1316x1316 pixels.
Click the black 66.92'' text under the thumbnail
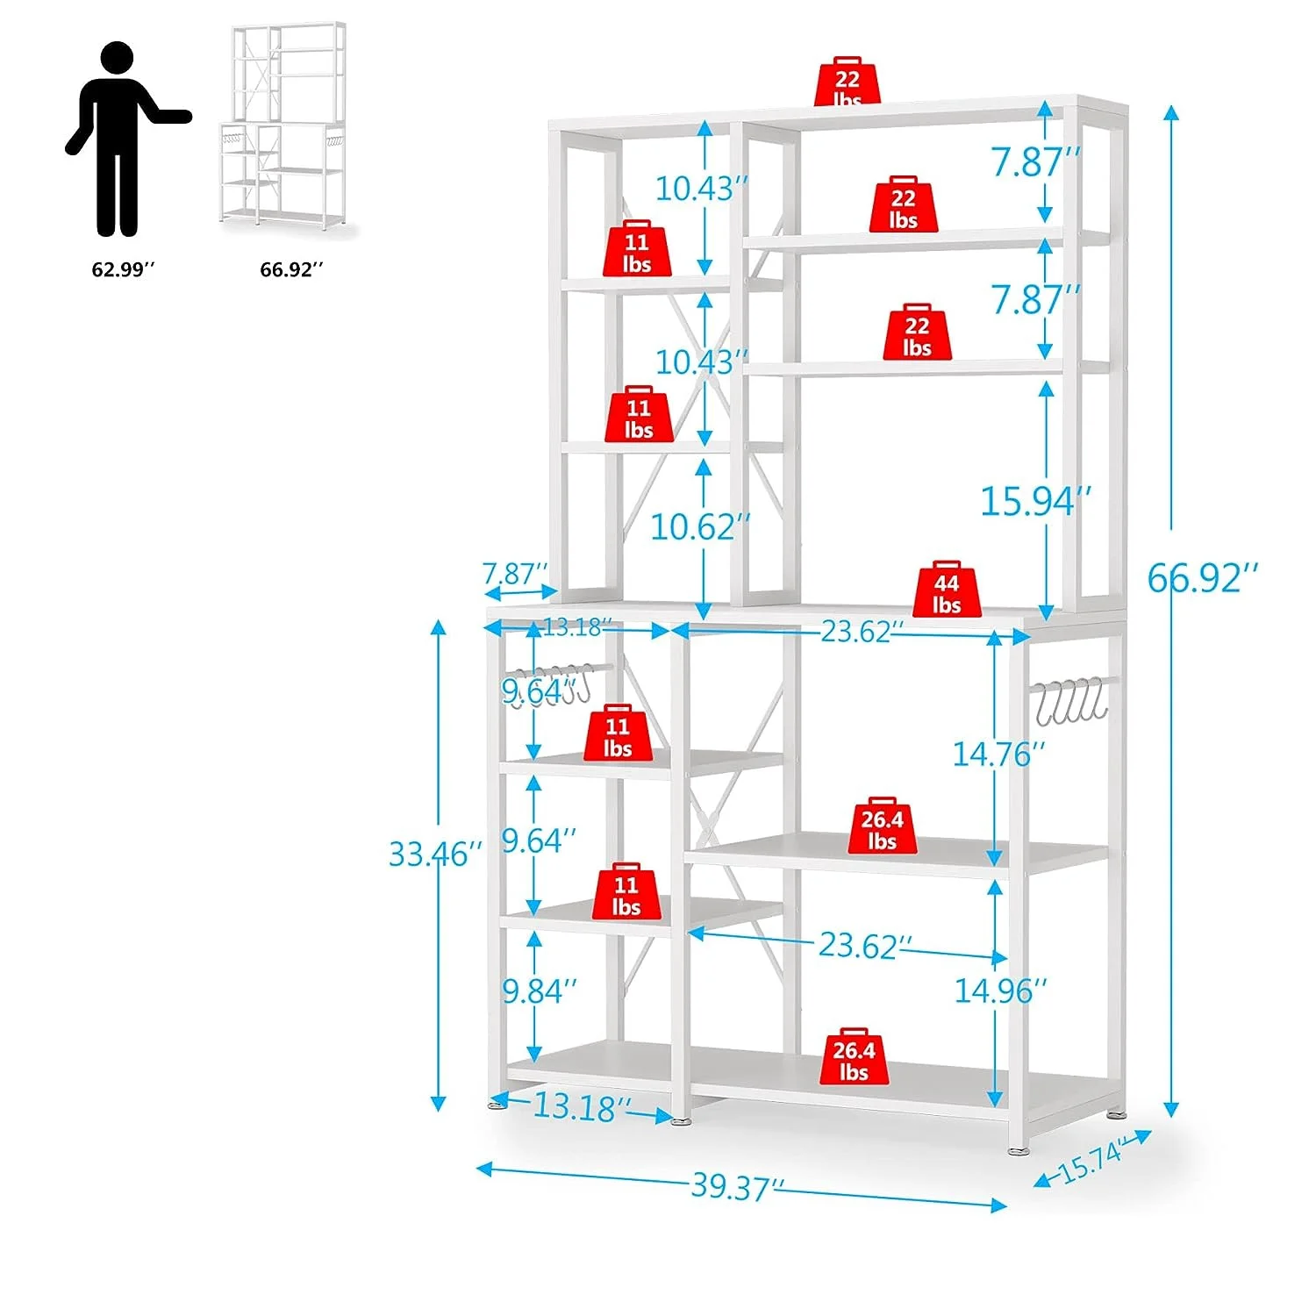pos(290,269)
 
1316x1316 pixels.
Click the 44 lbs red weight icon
pos(946,589)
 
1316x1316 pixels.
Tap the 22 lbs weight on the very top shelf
pos(848,82)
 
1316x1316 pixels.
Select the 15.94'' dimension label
pos(1035,501)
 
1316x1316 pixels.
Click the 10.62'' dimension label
pos(700,526)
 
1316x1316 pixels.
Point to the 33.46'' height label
pos(435,853)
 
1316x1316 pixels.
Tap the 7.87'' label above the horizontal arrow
pos(515,574)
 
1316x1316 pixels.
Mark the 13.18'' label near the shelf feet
pos(581,1107)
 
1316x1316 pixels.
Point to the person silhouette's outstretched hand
pos(178,116)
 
